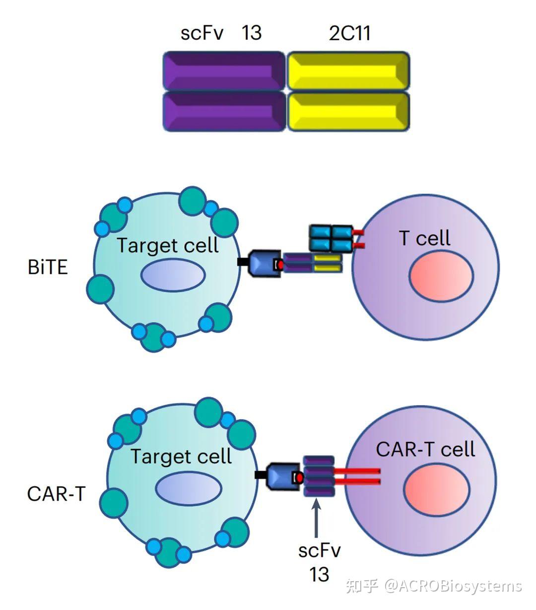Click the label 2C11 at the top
349,33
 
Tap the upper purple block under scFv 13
224,71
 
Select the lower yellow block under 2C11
348,112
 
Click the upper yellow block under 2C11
348,71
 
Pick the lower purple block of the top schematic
224,112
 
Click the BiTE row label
48,268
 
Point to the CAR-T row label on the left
56,494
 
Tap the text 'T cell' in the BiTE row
425,238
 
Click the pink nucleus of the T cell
441,276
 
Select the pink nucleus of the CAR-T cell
436,489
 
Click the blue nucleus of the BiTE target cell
173,275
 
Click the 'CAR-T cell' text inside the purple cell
425,449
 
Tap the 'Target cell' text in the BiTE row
168,245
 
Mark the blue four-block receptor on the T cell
331,238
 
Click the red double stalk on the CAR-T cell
357,476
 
